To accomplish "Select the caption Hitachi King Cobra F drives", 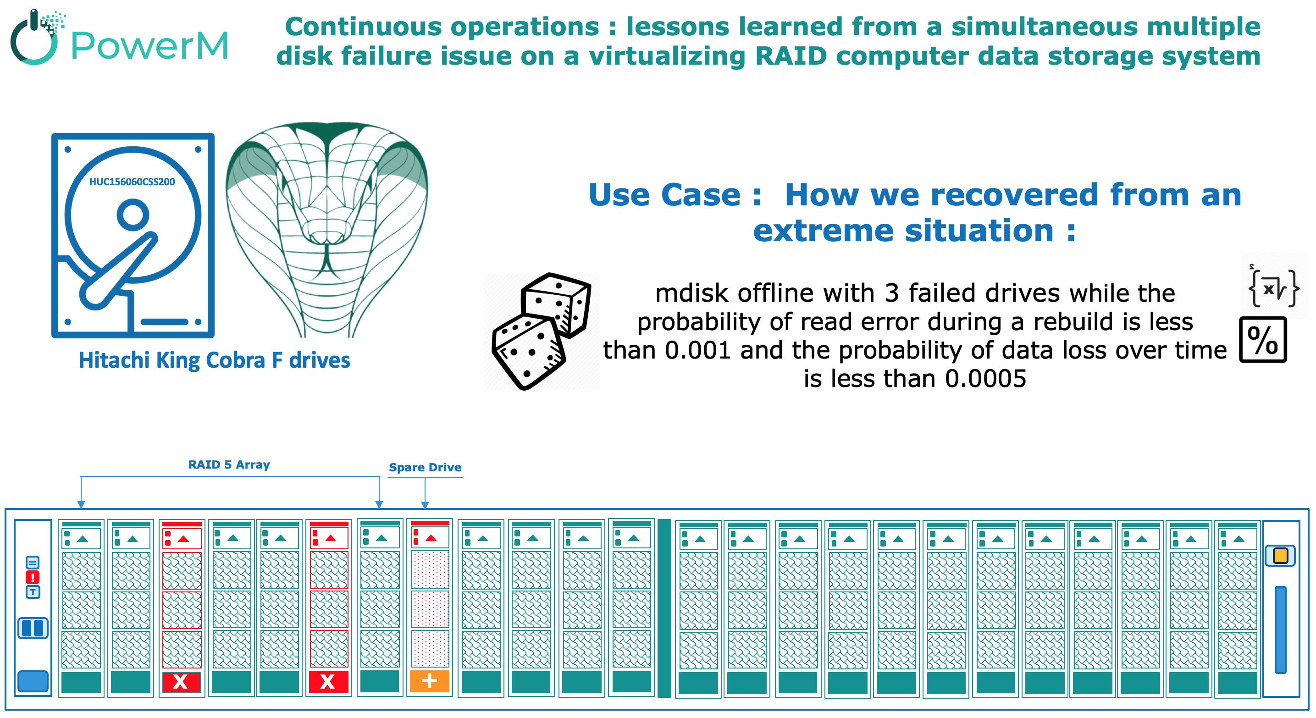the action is coord(214,360).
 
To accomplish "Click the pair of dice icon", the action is coord(541,331).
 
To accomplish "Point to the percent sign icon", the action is coord(1262,340).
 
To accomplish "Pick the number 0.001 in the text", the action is coord(697,350).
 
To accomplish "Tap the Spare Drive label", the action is coord(425,467).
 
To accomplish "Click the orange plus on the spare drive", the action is coord(429,681).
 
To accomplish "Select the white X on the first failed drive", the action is coord(180,681).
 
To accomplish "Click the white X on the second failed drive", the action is coord(327,681).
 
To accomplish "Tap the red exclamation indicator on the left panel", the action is coord(33,577).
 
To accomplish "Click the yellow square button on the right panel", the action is coord(1280,556).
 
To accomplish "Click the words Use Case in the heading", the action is coord(664,194).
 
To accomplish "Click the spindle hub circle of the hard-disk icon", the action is coord(133,214).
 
